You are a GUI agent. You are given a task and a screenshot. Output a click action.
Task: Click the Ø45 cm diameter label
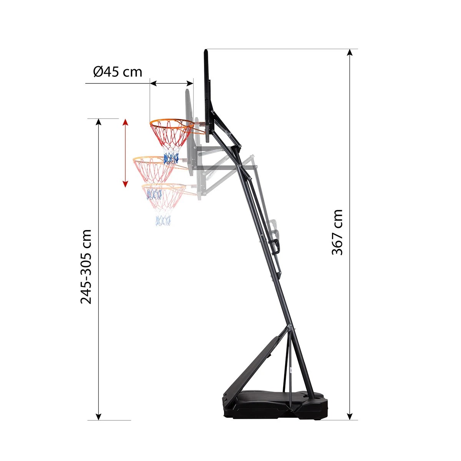click(118, 71)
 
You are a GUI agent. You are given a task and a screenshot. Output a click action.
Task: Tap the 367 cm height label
click(337, 232)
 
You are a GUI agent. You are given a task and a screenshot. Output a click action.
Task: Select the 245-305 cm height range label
click(86, 267)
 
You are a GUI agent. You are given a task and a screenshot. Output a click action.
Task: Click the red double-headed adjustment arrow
click(125, 153)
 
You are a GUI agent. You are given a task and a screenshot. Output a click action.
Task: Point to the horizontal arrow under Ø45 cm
click(171, 83)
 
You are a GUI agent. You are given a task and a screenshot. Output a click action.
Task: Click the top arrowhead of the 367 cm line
click(350, 53)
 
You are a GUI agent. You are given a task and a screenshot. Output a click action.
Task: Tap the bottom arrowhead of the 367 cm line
click(350, 416)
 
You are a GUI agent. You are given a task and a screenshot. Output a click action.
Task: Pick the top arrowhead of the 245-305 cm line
click(99, 123)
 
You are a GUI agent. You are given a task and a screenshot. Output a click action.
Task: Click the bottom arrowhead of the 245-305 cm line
click(99, 416)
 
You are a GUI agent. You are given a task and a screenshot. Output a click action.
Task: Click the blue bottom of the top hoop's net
click(171, 158)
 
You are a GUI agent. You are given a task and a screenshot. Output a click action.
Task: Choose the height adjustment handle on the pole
click(276, 246)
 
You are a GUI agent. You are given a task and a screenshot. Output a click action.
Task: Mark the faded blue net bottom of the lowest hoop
click(163, 220)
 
